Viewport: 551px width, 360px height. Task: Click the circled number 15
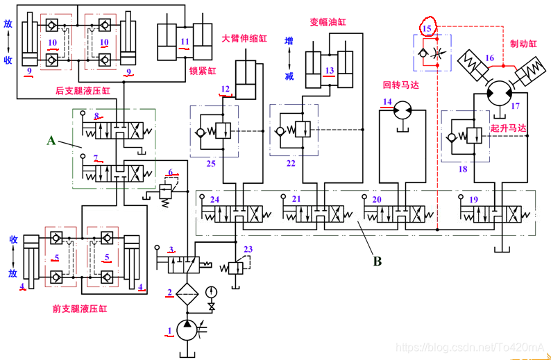point(427,28)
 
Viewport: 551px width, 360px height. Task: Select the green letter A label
point(51,140)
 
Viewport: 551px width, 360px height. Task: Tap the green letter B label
point(378,262)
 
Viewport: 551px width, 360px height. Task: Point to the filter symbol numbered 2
point(186,292)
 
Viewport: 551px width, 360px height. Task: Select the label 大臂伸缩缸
point(244,39)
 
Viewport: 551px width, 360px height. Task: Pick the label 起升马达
point(508,128)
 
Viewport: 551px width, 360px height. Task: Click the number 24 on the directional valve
point(215,199)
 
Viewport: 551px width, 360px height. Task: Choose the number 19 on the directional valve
point(473,199)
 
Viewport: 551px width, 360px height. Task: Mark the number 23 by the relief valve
point(248,249)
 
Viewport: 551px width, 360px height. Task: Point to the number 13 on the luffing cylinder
point(330,70)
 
